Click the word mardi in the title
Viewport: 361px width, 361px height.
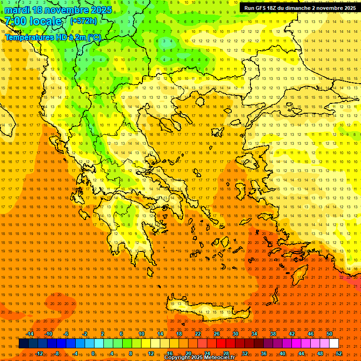tap(16, 10)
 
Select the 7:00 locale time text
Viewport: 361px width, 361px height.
tap(33, 21)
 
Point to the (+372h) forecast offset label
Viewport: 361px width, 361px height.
tap(84, 21)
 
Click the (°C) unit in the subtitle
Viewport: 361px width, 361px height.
tap(94, 37)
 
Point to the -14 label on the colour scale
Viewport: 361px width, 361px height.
tap(30, 334)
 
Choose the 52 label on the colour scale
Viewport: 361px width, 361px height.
tap(339, 353)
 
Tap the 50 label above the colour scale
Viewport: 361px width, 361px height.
tap(330, 334)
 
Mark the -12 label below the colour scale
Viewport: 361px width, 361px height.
tap(39, 353)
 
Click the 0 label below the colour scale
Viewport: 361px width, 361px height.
tap(93, 353)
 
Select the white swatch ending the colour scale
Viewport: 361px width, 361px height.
tap(334, 344)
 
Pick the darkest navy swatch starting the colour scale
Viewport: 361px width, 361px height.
tap(24, 344)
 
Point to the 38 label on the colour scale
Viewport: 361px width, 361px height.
tap(273, 334)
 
